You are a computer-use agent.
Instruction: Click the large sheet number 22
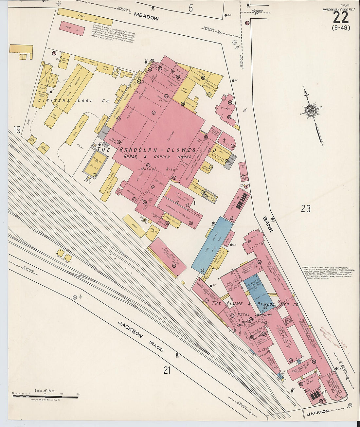click(x=341, y=17)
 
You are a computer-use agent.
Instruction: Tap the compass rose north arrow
click(x=311, y=111)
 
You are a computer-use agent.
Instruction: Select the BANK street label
click(x=268, y=224)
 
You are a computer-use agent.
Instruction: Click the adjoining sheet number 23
click(x=305, y=208)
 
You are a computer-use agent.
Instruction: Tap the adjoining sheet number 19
click(x=17, y=130)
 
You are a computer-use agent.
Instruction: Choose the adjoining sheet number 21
click(x=167, y=370)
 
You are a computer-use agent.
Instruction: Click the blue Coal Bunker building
click(x=212, y=244)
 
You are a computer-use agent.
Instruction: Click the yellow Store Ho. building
click(x=81, y=16)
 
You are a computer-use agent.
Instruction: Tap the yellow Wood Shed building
click(x=105, y=68)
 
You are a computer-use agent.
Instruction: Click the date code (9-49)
click(x=341, y=28)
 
